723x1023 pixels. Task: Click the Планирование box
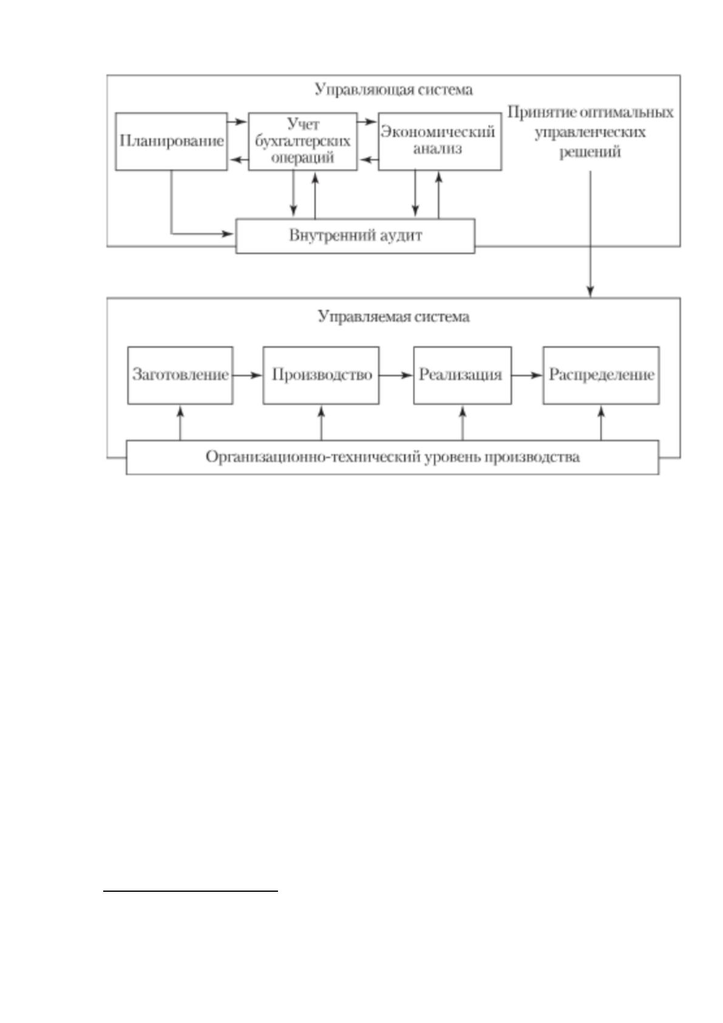coord(171,142)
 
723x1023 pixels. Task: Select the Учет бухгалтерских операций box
coord(303,142)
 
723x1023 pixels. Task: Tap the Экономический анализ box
coord(440,142)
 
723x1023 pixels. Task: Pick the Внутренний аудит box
coord(355,236)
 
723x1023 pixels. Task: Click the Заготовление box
coord(180,375)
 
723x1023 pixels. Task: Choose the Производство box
coord(321,375)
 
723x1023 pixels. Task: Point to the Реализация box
coord(463,375)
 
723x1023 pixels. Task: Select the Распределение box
coord(601,375)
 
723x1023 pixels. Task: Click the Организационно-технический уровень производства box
coord(393,457)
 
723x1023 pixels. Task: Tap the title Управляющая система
coord(393,89)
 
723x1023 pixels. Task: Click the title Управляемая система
coord(393,316)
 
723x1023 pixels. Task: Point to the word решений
coord(589,152)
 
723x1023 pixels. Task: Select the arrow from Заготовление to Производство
coord(248,375)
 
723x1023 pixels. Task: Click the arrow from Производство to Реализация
coord(396,375)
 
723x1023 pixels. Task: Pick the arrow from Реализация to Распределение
coord(527,375)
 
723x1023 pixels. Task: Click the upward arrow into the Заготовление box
coord(180,423)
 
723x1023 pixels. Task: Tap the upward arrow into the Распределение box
coord(601,423)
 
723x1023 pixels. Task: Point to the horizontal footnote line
coord(191,890)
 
